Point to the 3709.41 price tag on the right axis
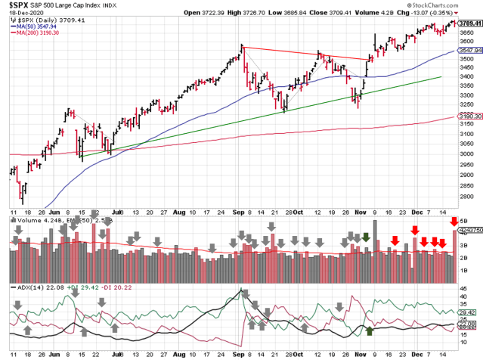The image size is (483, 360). pyautogui.click(x=469, y=23)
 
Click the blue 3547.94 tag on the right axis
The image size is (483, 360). pyautogui.click(x=469, y=49)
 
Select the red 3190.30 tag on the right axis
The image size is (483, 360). pyautogui.click(x=469, y=116)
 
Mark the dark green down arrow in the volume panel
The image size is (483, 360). pyautogui.click(x=366, y=237)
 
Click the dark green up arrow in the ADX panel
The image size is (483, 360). pyautogui.click(x=370, y=331)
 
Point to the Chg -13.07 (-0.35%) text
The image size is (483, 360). pyautogui.click(x=453, y=13)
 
